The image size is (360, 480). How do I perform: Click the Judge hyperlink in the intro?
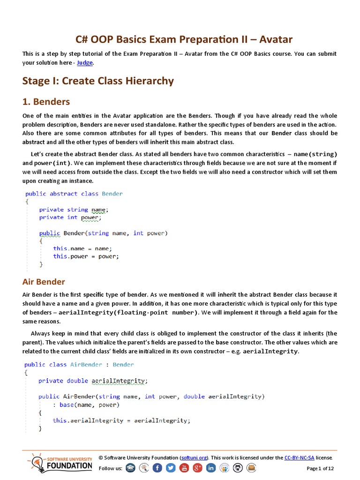[85, 62]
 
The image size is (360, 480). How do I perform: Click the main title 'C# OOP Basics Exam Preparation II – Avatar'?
[184, 39]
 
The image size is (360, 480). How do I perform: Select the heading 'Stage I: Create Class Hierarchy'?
[98, 81]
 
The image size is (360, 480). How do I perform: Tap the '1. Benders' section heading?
[46, 102]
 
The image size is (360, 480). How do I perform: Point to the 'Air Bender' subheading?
[44, 282]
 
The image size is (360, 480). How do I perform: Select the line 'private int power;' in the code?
[70, 217]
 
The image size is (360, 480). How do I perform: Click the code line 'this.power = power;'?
[86, 256]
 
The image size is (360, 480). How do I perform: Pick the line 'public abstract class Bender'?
[74, 194]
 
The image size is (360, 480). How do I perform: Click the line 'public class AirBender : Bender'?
[79, 364]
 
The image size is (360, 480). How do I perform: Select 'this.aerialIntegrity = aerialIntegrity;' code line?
[121, 420]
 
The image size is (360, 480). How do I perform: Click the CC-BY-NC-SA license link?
[299, 457]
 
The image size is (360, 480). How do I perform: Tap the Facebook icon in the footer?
[157, 468]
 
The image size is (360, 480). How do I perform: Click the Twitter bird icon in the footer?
[171, 468]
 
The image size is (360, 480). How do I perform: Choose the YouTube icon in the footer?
[184, 468]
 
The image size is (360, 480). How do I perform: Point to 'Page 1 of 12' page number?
[320, 468]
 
